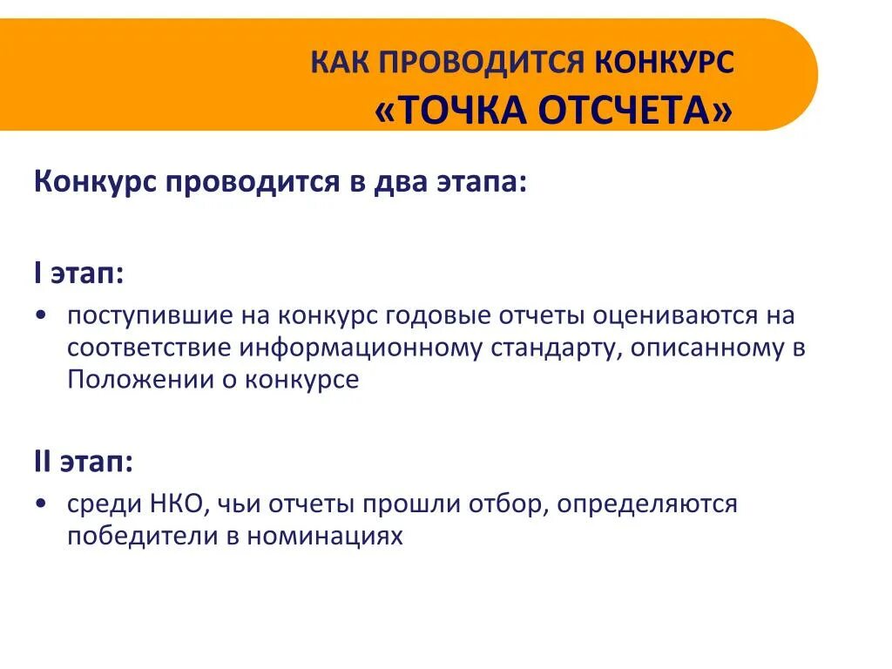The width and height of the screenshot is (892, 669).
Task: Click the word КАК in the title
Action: click(x=341, y=62)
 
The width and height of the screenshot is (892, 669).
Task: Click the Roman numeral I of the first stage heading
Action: click(x=38, y=274)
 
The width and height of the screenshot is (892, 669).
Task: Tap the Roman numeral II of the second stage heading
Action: click(x=43, y=462)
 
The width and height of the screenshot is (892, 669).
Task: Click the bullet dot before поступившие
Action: click(x=42, y=315)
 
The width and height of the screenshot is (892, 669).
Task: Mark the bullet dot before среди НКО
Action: click(x=42, y=504)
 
